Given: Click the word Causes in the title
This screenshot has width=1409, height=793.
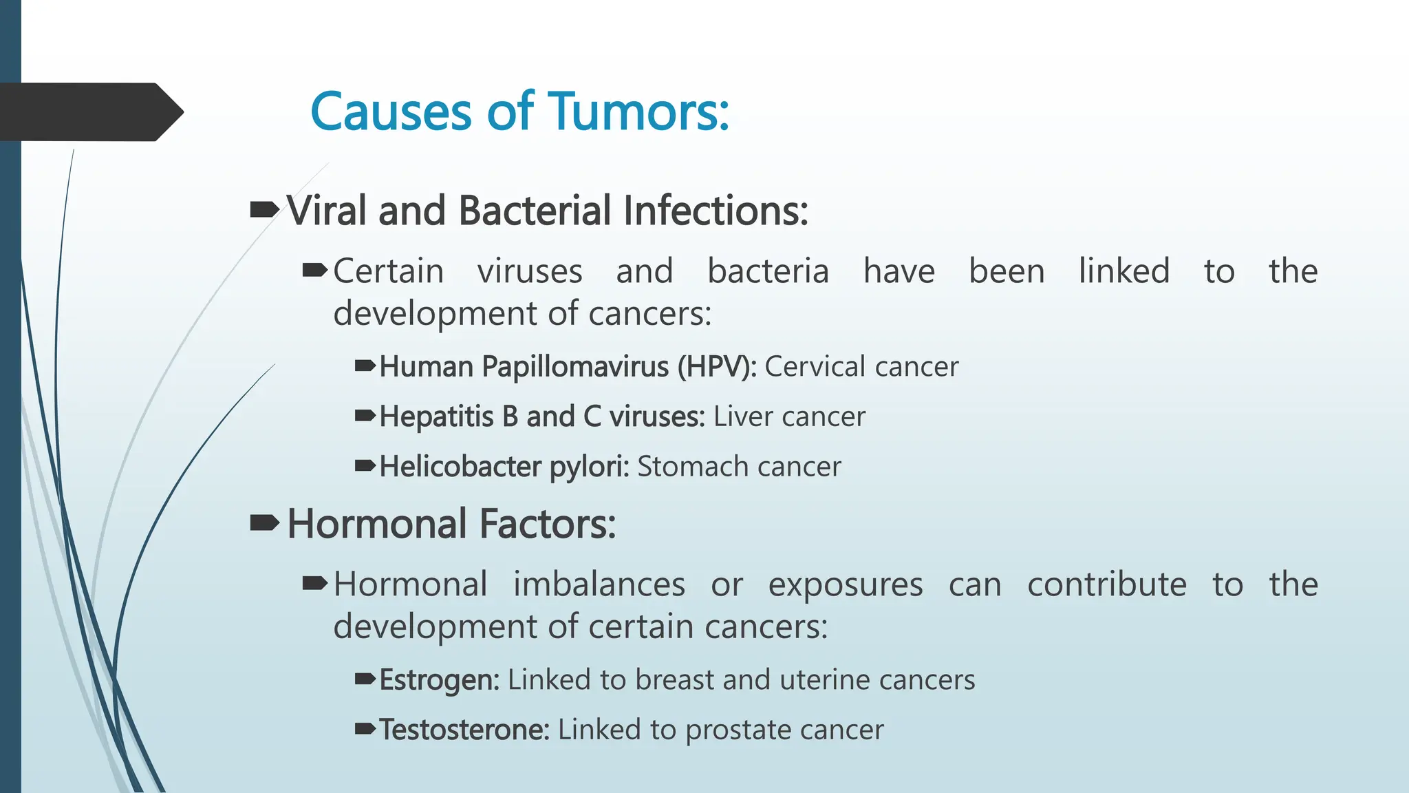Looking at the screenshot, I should click(x=391, y=112).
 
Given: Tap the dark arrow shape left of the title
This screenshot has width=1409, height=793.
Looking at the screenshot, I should click(x=89, y=112).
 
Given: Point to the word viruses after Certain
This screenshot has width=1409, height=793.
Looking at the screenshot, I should click(x=530, y=271).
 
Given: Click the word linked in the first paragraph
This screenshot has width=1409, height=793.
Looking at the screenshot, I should click(x=1123, y=271).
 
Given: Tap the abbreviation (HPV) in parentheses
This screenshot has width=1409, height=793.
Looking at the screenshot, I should click(x=716, y=367).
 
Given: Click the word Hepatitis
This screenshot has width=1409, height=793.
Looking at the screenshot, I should click(x=436, y=417).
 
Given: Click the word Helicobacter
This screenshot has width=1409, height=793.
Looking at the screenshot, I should click(x=460, y=467).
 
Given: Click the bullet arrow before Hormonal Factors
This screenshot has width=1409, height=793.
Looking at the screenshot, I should click(x=264, y=523).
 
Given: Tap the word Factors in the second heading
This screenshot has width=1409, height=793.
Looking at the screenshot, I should click(x=547, y=524).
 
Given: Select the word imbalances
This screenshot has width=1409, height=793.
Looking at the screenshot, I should click(x=599, y=584).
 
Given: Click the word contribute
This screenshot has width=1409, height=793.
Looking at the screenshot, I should click(x=1106, y=584).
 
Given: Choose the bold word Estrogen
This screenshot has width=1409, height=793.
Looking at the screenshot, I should click(x=439, y=680).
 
